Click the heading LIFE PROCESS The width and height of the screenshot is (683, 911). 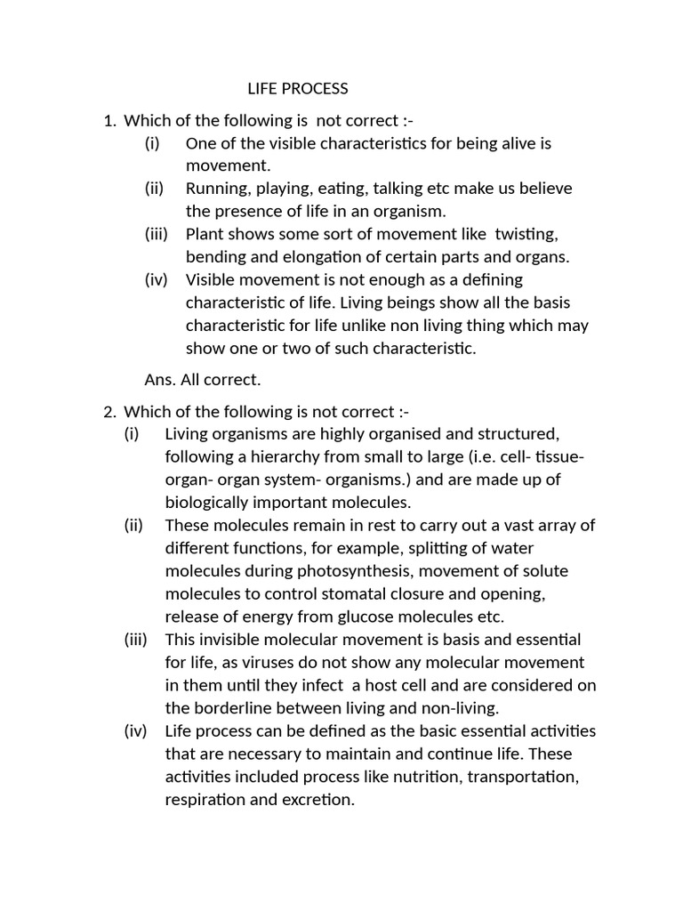(297, 89)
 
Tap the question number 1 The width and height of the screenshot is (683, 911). (108, 120)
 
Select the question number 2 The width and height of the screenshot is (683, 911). (108, 412)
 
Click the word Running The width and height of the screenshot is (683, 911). (216, 189)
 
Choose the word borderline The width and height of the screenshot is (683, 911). (233, 708)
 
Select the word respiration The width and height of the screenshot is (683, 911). (205, 800)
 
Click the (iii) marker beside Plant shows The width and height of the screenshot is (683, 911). (158, 234)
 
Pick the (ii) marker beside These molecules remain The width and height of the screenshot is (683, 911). (134, 525)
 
